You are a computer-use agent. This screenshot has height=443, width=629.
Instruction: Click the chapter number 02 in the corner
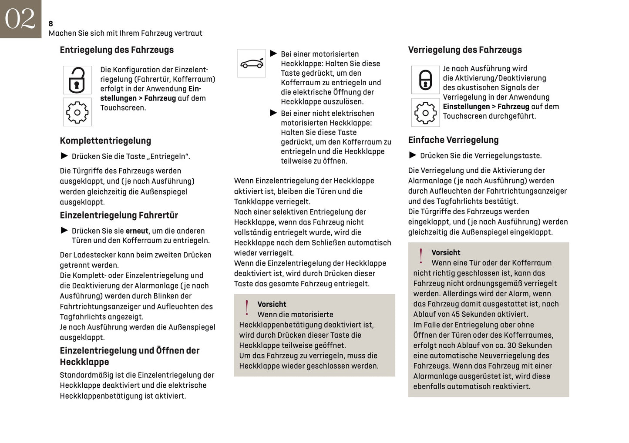pyautogui.click(x=20, y=19)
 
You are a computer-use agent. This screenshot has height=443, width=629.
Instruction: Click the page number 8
pyautogui.click(x=51, y=23)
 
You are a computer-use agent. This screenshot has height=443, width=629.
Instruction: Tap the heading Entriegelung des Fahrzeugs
pyautogui.click(x=117, y=50)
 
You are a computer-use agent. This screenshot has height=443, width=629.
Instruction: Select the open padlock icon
pyautogui.click(x=77, y=80)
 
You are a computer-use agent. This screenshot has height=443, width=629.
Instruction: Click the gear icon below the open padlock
pyautogui.click(x=77, y=112)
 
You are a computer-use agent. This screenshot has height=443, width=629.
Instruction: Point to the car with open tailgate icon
pyautogui.click(x=252, y=64)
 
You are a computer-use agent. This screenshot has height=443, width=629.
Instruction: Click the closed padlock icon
pyautogui.click(x=425, y=80)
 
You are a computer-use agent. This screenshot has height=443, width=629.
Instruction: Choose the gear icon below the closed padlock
pyautogui.click(x=425, y=113)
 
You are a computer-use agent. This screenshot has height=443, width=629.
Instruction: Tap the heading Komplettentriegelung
pyautogui.click(x=105, y=141)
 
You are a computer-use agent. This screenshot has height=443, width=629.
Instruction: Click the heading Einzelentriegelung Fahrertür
pyautogui.click(x=119, y=215)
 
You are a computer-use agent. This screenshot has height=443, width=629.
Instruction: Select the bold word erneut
pyautogui.click(x=137, y=231)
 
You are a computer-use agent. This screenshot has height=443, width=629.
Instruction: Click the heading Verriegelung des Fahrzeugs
pyautogui.click(x=465, y=50)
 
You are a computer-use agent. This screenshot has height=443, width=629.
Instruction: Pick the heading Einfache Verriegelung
pyautogui.click(x=453, y=140)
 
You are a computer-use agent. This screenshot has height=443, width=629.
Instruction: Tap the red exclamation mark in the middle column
pyautogui.click(x=247, y=307)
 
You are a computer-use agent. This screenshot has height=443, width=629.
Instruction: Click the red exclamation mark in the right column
pyautogui.click(x=421, y=256)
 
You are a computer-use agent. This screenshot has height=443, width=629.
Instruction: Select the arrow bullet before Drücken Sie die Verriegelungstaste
pyautogui.click(x=413, y=155)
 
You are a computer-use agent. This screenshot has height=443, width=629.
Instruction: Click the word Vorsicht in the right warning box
pyautogui.click(x=446, y=253)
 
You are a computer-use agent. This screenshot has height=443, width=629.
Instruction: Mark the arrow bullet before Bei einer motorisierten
pyautogui.click(x=273, y=54)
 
